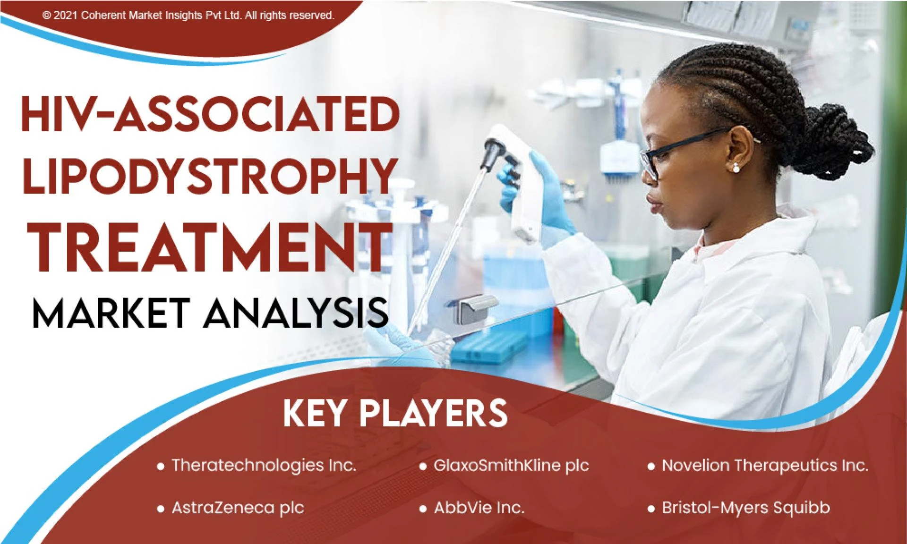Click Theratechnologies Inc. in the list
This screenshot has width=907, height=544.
(x=264, y=466)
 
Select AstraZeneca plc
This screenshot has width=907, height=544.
(x=238, y=508)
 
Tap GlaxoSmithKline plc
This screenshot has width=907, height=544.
(x=511, y=466)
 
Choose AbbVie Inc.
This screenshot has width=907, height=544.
(x=479, y=508)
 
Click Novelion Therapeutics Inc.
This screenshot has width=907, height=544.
(x=765, y=466)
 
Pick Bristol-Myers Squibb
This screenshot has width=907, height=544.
(x=745, y=508)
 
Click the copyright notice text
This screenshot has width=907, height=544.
(x=188, y=16)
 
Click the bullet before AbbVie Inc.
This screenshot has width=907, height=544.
(x=423, y=509)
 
